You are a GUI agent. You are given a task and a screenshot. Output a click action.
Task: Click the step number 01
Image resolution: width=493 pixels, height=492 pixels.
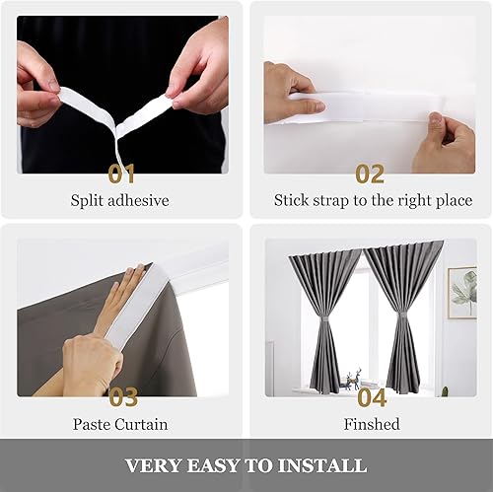coord(122,175)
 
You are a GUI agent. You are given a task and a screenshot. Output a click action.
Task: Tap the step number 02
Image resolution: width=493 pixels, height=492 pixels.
coord(370,175)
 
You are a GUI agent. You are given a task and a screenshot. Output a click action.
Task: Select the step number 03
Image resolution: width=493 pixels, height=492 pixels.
coord(122,398)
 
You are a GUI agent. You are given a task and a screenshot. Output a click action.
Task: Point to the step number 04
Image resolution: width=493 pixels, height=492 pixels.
coord(372,398)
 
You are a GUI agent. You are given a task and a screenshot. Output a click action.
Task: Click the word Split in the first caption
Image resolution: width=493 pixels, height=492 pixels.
coord(88,201)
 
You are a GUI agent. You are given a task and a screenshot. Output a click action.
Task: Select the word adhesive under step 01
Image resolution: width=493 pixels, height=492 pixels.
coord(139,201)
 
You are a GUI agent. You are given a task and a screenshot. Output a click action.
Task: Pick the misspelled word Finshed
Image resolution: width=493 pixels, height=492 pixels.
coord(371,425)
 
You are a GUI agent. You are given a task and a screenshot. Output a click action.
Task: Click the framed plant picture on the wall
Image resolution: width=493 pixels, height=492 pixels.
coord(461,293)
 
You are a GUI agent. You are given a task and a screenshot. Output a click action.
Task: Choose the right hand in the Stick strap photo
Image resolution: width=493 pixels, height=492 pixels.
coord(444,143)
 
